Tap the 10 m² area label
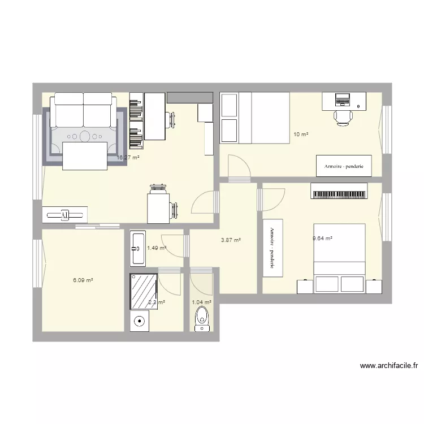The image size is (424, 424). pos(301,135)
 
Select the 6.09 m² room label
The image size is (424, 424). pos(83,280)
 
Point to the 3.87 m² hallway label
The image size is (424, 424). pos(231,240)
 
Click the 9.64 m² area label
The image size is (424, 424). pos(322,239)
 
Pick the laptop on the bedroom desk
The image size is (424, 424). pos(343,100)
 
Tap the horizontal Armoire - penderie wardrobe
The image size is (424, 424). pos(344,166)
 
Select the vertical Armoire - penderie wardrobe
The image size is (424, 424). pos(272,248)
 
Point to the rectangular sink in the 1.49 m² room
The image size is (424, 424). pos(138,248)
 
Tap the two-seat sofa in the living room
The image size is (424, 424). pos(84,111)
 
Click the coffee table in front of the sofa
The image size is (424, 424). pos(85,156)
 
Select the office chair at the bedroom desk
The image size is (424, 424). pos(343,117)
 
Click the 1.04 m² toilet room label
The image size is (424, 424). pos(201,302)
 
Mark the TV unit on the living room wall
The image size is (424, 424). pos(64,214)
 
